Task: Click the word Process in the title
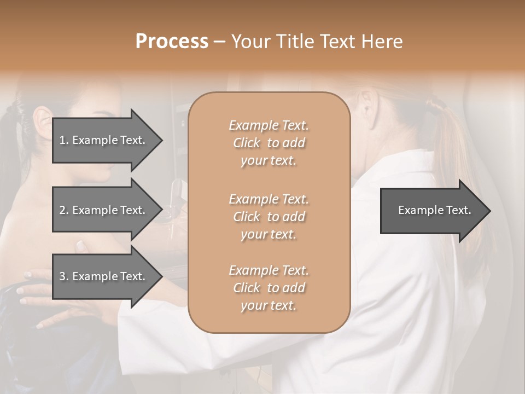172,42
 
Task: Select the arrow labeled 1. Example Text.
103,140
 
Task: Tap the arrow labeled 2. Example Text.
103,210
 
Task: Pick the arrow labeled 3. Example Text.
103,276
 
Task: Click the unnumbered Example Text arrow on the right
434,211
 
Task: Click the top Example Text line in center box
269,125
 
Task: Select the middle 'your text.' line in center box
269,234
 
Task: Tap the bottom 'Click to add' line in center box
269,288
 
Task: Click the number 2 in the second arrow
63,210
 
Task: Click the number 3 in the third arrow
63,276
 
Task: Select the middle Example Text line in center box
269,199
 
